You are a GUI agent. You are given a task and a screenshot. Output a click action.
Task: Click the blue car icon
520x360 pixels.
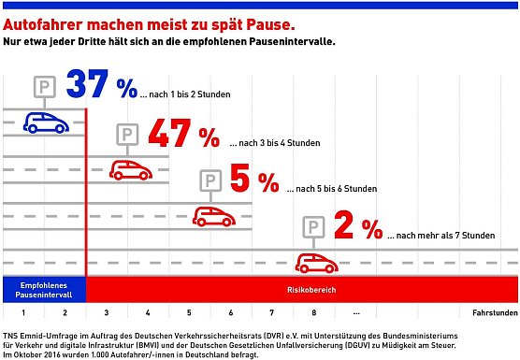(x=44, y=121)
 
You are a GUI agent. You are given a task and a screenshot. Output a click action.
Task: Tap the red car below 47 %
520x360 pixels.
(x=132, y=169)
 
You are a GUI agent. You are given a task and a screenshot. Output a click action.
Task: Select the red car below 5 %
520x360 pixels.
(x=213, y=216)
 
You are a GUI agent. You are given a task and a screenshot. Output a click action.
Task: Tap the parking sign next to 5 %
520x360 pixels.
(x=212, y=181)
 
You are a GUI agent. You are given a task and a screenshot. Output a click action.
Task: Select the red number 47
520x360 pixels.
(x=170, y=135)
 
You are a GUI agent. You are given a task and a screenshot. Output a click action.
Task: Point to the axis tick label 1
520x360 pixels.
(x=23, y=313)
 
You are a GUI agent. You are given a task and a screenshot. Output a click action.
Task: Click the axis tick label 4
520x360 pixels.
(x=147, y=313)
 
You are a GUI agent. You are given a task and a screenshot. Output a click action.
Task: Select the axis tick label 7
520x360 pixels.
(x=271, y=313)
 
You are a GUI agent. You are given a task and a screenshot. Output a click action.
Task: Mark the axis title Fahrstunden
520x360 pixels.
(x=494, y=313)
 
